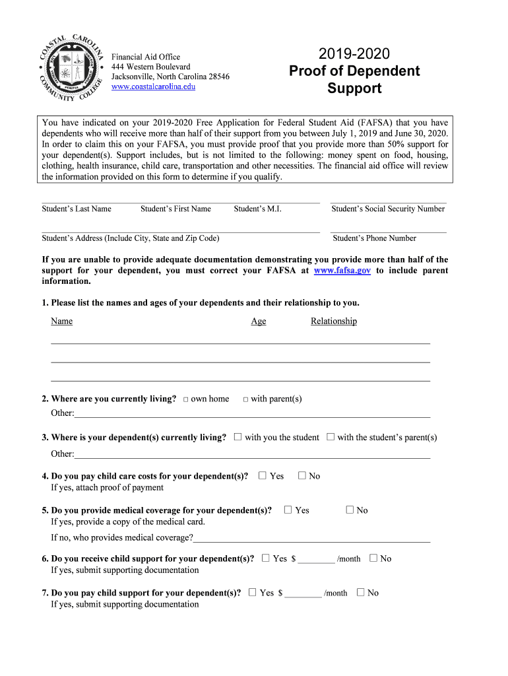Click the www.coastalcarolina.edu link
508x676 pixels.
point(153,86)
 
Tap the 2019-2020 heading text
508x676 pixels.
point(354,54)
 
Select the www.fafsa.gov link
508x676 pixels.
point(342,271)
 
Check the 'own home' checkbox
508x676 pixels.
point(186,399)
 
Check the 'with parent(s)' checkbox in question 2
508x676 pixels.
point(245,399)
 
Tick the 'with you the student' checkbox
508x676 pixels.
point(238,437)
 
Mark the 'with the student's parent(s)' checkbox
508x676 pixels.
point(331,437)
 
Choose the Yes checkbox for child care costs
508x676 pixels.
point(263,475)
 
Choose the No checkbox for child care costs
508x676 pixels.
point(302,475)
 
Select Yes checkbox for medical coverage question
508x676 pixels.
point(288,510)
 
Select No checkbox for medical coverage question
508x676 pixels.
point(350,510)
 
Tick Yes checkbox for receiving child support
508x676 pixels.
point(265,558)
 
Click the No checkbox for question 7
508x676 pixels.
point(360,592)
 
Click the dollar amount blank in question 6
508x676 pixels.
point(316,559)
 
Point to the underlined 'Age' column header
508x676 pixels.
point(259,321)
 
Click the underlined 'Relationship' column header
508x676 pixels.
point(334,321)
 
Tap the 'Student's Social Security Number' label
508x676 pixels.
point(388,209)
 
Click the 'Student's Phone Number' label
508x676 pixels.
point(375,238)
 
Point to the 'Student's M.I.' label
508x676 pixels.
point(257,209)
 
